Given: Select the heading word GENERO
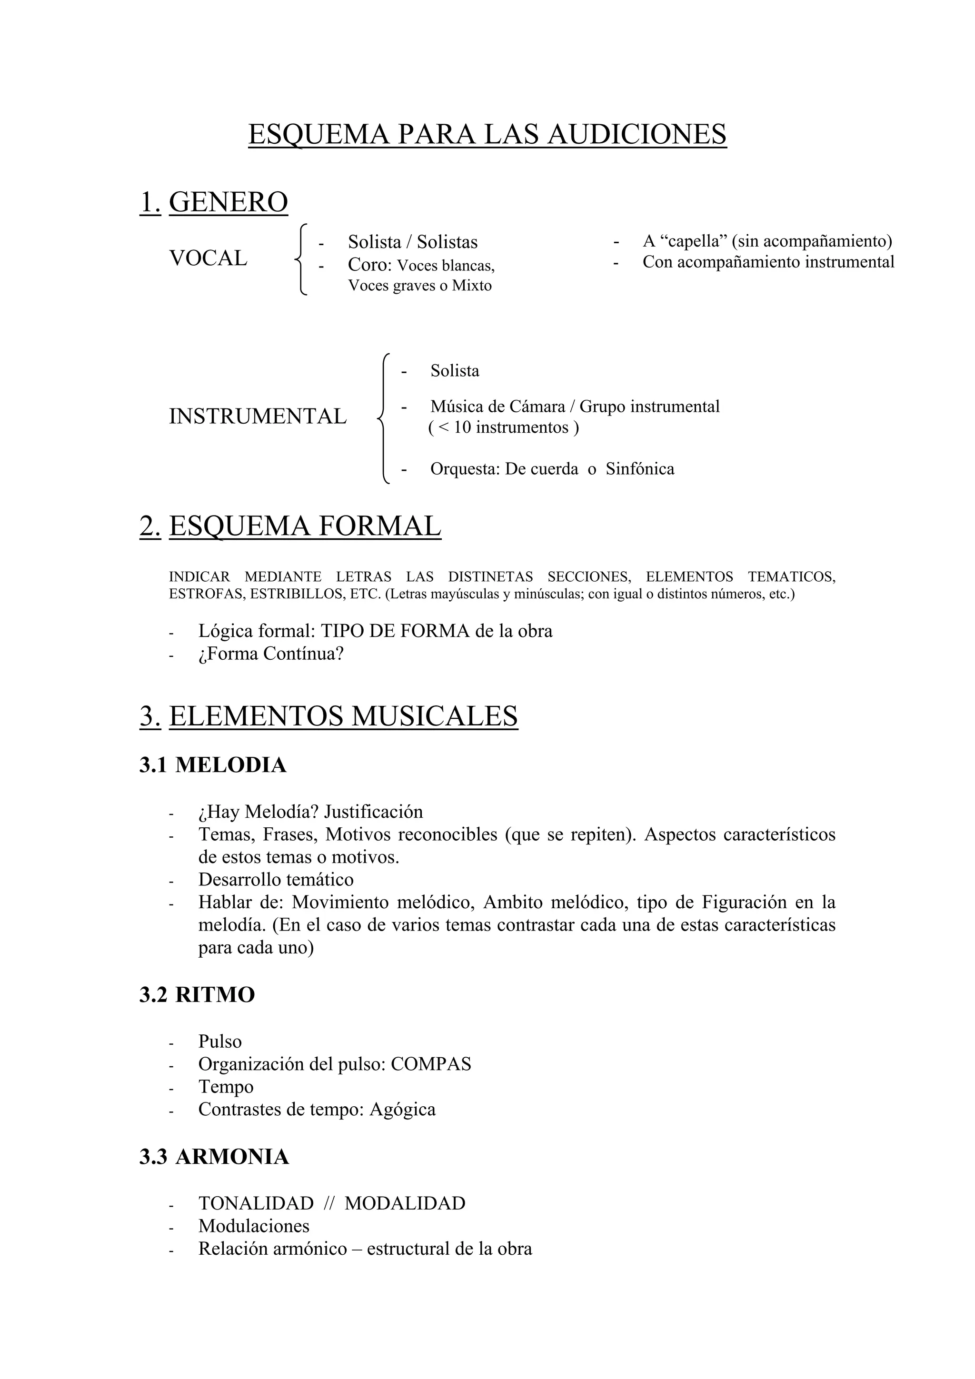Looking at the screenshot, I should coord(229,202).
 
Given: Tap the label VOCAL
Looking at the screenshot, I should coord(209,258).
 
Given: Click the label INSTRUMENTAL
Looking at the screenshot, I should coord(258,416).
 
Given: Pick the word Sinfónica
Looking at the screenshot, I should coord(640,469).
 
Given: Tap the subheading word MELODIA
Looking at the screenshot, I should coord(231,765).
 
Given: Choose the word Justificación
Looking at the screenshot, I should coord(373,812).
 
